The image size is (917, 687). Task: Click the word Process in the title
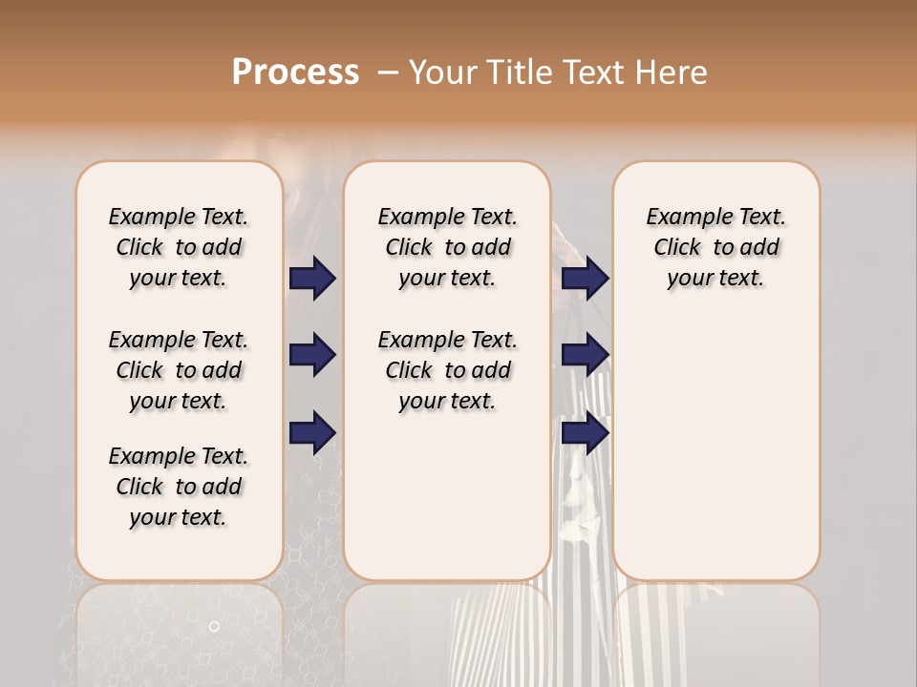(295, 73)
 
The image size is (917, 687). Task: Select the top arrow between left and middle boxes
(313, 279)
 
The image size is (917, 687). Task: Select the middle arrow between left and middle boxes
(313, 355)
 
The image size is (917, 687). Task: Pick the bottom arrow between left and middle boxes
(313, 432)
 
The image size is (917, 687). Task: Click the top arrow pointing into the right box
(586, 279)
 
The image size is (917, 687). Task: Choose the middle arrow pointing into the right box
(586, 355)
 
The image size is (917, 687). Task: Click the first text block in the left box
(179, 247)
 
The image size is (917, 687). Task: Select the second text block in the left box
(179, 370)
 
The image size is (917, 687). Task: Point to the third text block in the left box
(179, 487)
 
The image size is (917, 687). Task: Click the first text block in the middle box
(447, 247)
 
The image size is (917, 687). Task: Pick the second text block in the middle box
(447, 370)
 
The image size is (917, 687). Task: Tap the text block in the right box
(716, 247)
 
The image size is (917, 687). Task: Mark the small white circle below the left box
(214, 627)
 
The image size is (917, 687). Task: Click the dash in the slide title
(388, 73)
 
